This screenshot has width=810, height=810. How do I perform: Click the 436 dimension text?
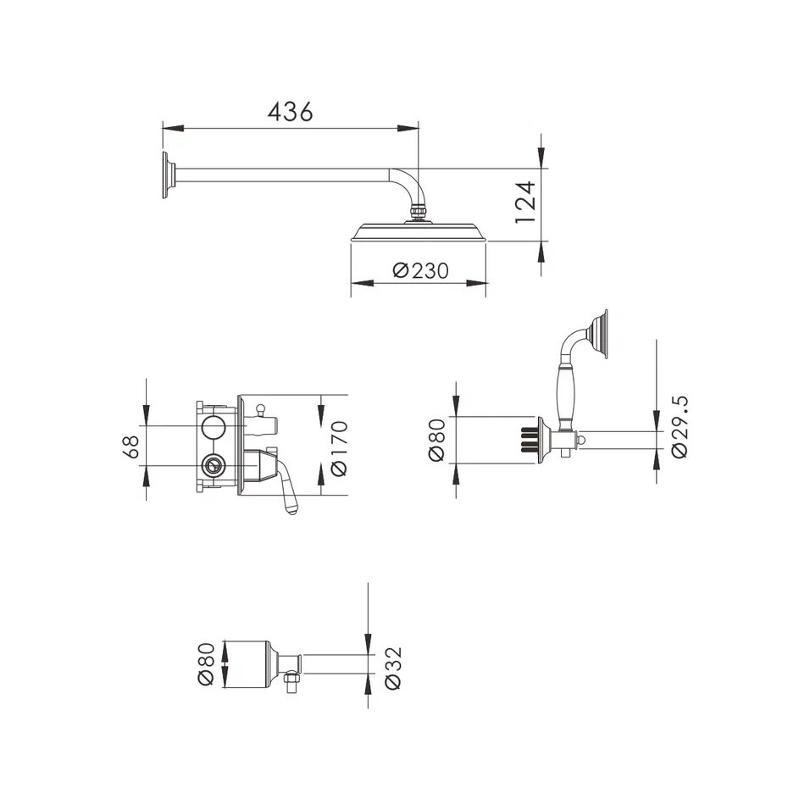point(291,111)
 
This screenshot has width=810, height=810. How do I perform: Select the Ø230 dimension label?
point(420,271)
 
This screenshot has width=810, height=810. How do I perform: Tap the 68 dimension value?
point(131,447)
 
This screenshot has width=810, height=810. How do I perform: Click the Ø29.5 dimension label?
point(679,426)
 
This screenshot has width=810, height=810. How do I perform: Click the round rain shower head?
point(419,232)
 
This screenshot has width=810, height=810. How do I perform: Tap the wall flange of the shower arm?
point(168,176)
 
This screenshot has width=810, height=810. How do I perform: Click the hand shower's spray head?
point(601,335)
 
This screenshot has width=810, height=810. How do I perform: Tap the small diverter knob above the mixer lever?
point(262,411)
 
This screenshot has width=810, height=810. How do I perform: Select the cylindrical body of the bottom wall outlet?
point(247,664)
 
